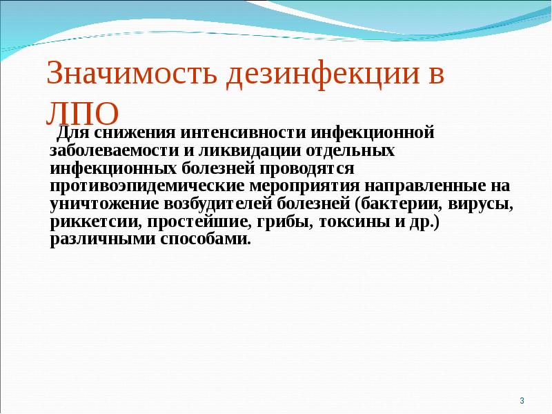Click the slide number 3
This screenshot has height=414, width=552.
coord(522,401)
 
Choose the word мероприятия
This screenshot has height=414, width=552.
coord(297,186)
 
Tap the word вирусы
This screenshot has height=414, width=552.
coord(480,204)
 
